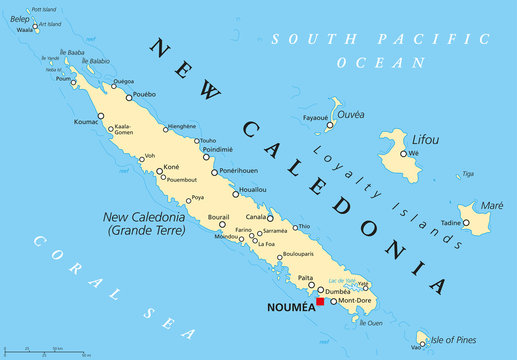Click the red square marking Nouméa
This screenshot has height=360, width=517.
[x=320, y=301]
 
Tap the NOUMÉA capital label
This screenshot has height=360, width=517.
[x=286, y=309]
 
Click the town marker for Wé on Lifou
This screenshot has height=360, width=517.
[x=403, y=153]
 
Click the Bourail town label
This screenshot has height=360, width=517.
[x=218, y=216]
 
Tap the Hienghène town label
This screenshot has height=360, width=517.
[x=180, y=127]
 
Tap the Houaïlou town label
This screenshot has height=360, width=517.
[x=253, y=188]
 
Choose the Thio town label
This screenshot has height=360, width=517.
[x=304, y=226]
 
